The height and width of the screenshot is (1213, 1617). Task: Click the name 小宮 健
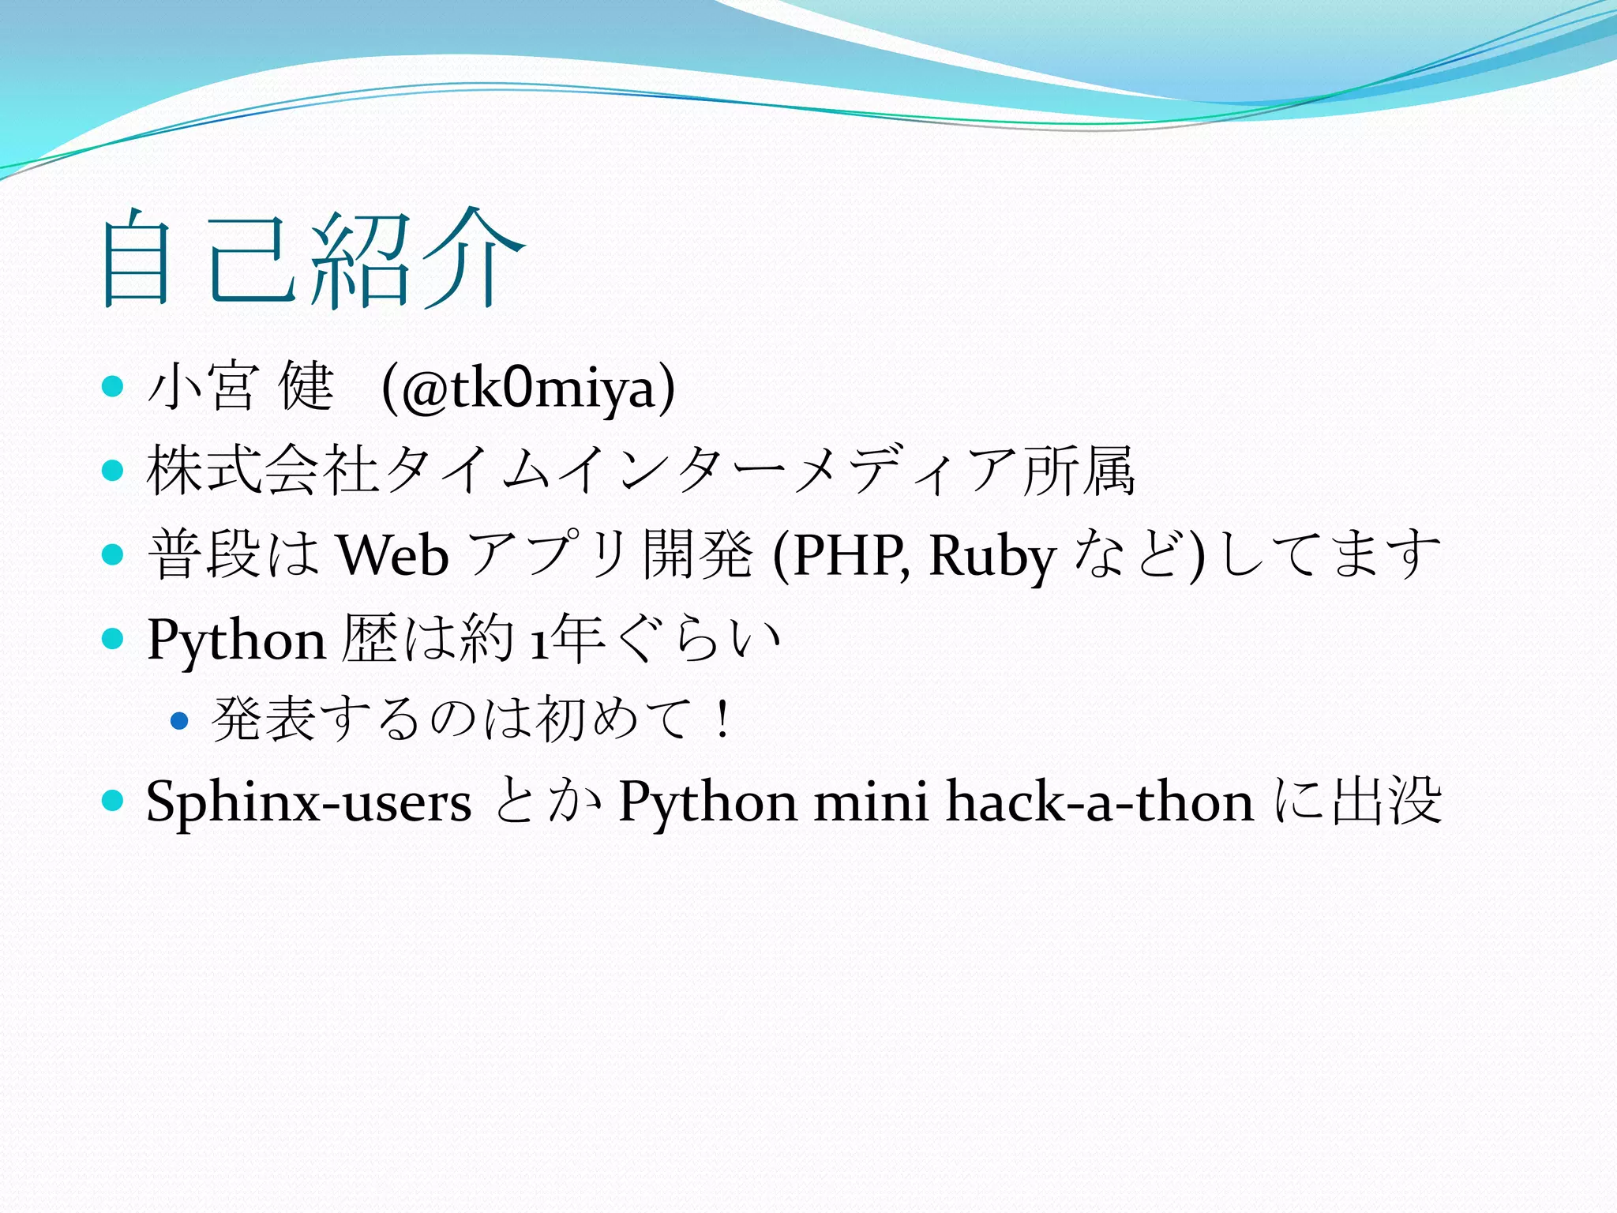click(x=241, y=388)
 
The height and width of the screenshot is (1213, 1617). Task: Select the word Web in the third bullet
click(x=393, y=555)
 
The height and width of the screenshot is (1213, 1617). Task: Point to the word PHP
click(x=839, y=555)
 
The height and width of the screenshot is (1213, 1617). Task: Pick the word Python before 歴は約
click(x=236, y=640)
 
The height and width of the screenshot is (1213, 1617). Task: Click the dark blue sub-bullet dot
click(x=180, y=720)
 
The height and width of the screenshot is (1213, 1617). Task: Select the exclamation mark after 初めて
click(x=721, y=720)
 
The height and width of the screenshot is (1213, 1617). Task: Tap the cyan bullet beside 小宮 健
click(x=114, y=387)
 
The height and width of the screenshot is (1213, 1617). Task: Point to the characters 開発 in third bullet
click(x=697, y=555)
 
